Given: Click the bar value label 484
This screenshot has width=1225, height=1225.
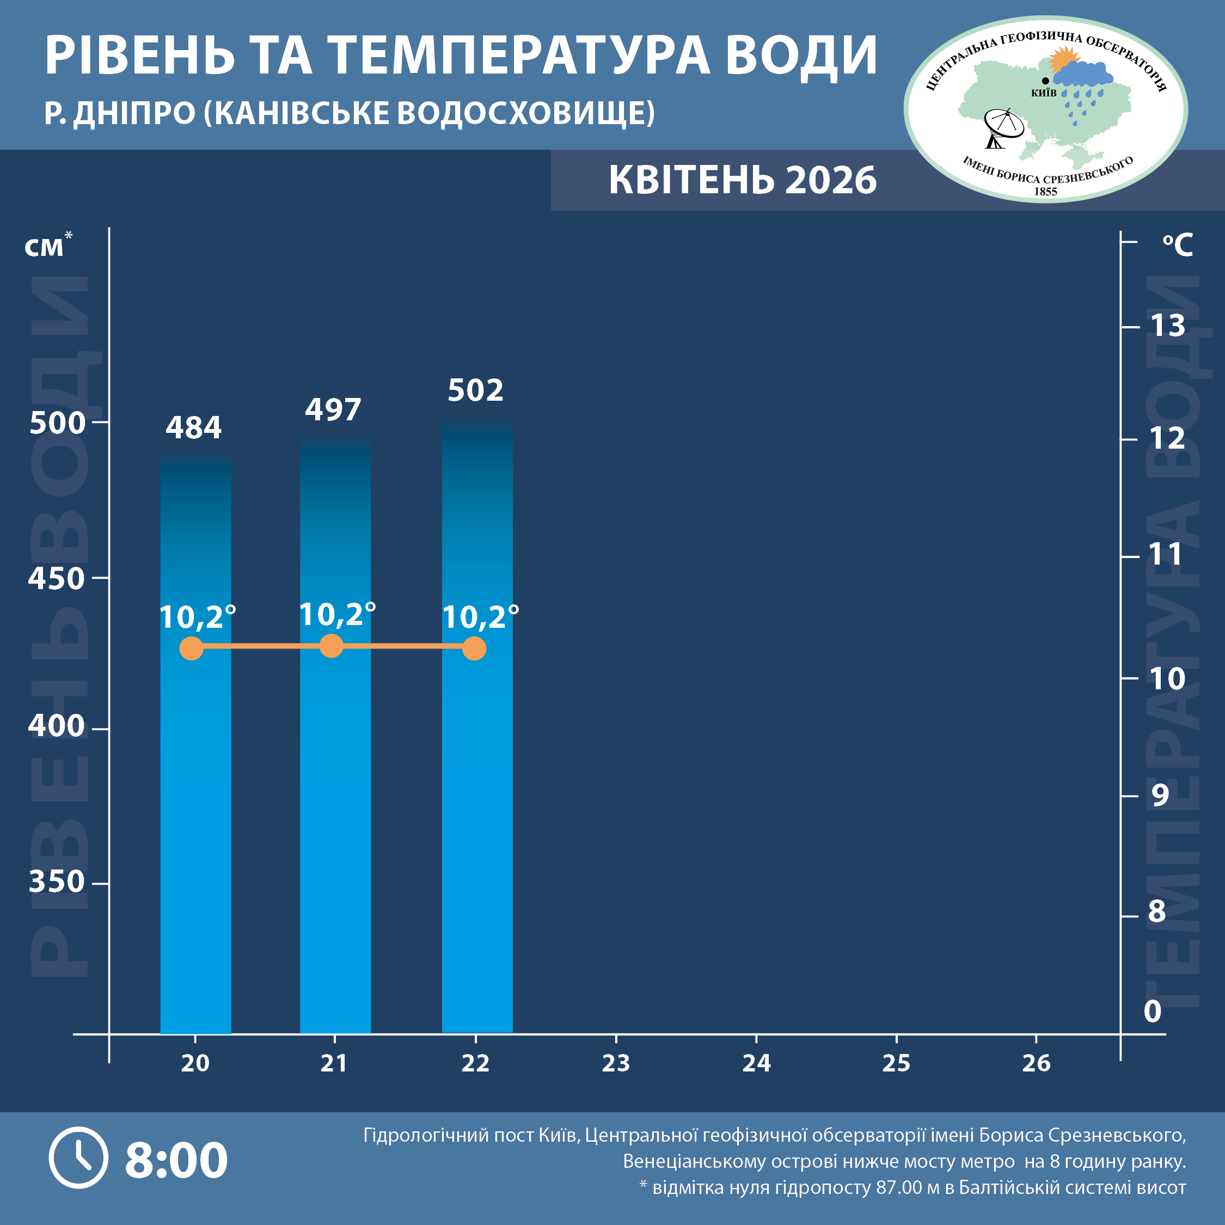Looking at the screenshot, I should pyautogui.click(x=193, y=428).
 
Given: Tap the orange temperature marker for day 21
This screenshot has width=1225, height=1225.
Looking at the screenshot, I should pyautogui.click(x=331, y=646).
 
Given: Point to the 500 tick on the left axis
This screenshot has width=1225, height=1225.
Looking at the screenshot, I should pyautogui.click(x=57, y=423).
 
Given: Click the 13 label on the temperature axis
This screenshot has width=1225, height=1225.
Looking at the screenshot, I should pyautogui.click(x=1167, y=326).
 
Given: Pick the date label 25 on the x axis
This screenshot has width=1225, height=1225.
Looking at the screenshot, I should pyautogui.click(x=896, y=1063).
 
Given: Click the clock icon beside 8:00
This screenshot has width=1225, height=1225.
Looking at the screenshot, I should pyautogui.click(x=78, y=1158).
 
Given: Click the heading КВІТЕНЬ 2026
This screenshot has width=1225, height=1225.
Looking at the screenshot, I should pyautogui.click(x=743, y=180).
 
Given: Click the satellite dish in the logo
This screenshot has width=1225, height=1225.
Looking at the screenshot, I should pyautogui.click(x=1002, y=127).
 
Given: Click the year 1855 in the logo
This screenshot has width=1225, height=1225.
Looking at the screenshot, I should pyautogui.click(x=1045, y=192).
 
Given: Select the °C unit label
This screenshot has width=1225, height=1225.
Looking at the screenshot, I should pyautogui.click(x=1178, y=245).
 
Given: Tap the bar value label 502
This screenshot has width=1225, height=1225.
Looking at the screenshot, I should pyautogui.click(x=475, y=390).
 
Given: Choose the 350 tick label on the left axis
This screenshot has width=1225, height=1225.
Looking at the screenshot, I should pyautogui.click(x=57, y=882).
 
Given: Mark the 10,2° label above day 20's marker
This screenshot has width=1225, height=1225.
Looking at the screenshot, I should pyautogui.click(x=197, y=617).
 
